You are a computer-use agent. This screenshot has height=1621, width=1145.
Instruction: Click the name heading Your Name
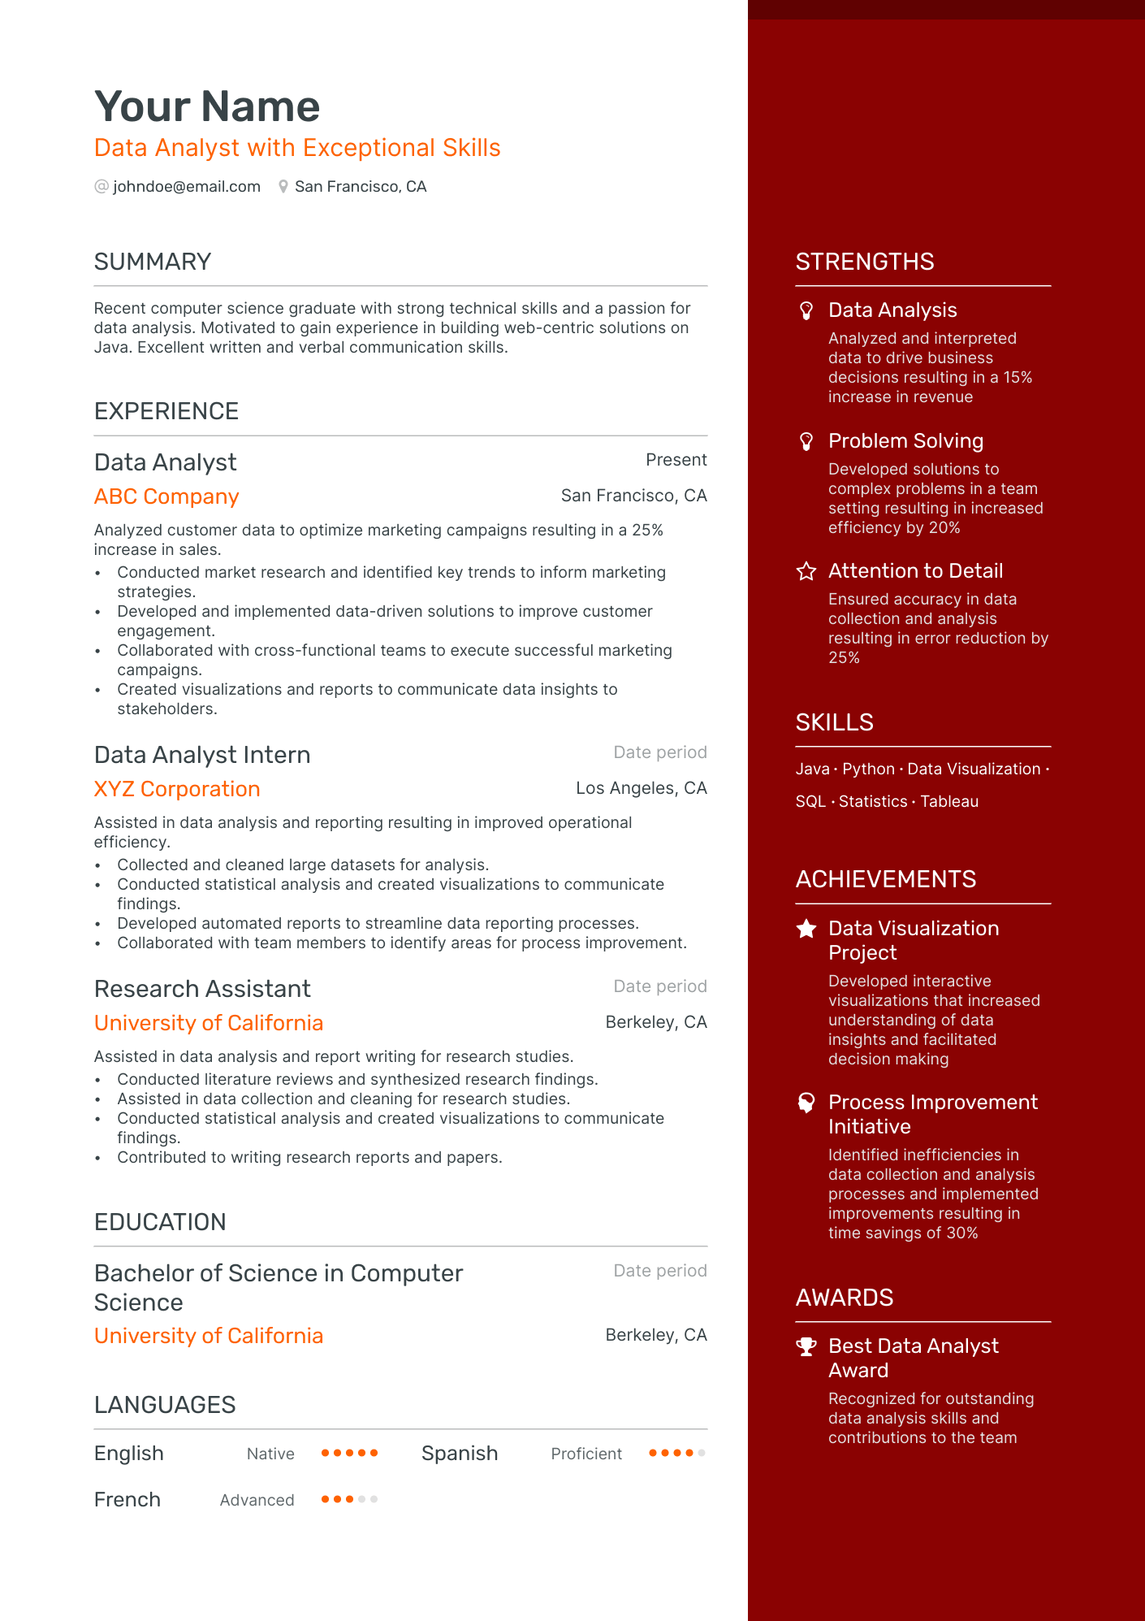[x=207, y=106]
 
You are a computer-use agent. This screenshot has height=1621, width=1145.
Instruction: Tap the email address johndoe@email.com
[x=187, y=187]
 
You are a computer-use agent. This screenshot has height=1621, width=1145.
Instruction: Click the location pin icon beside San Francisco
[x=283, y=187]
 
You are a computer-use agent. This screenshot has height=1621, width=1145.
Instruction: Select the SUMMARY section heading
[x=153, y=262]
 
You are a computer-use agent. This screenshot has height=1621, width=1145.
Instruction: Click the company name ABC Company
[x=166, y=496]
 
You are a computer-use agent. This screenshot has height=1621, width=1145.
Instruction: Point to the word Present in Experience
[x=676, y=460]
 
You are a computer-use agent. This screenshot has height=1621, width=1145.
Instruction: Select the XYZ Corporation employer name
[x=177, y=789]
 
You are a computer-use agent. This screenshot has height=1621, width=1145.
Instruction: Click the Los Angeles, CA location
[x=641, y=788]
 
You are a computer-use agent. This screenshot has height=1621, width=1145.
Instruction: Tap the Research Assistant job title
[x=202, y=989]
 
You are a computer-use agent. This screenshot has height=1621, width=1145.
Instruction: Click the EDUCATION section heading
[x=160, y=1222]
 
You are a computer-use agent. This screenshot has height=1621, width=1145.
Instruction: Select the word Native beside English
[x=270, y=1454]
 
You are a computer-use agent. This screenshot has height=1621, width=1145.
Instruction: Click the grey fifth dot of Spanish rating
[x=702, y=1453]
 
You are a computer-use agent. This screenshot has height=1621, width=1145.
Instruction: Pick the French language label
[x=127, y=1500]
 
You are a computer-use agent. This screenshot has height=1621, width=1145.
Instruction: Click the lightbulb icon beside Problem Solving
[x=806, y=441]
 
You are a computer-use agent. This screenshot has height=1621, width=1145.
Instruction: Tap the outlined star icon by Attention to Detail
[x=806, y=571]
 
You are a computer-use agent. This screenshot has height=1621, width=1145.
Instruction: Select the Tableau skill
[x=949, y=801]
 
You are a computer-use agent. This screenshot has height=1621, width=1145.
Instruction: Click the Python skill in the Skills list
[x=868, y=769]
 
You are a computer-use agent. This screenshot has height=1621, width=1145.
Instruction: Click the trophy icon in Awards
[x=806, y=1346]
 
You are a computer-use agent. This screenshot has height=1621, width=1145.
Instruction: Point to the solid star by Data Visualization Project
[x=806, y=929]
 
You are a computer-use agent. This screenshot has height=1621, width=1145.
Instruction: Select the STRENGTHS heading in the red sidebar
[x=865, y=262]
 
